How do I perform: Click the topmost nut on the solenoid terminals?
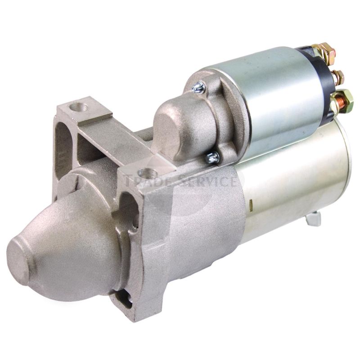pos(327,50)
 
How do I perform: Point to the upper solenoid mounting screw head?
pos(198,87)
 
